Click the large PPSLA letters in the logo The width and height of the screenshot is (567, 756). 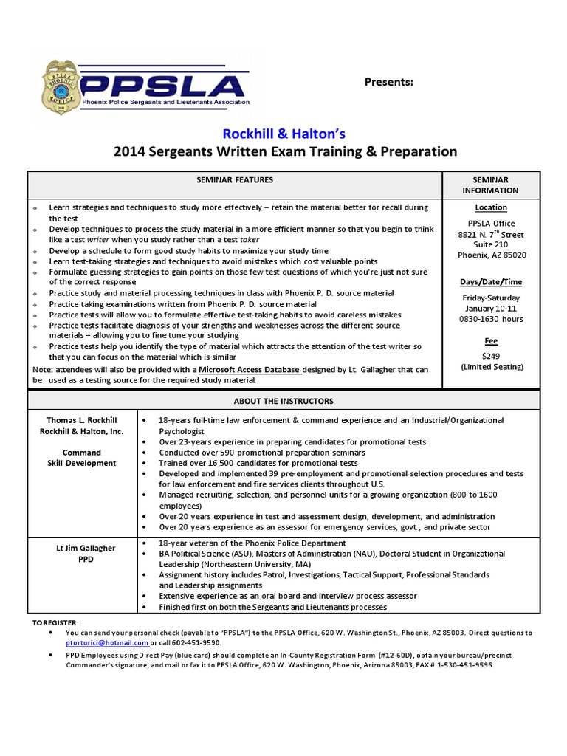click(x=162, y=83)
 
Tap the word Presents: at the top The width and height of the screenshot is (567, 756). click(x=389, y=81)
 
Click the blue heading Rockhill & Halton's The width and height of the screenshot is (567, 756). click(x=284, y=134)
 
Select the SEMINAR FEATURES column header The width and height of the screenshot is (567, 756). click(x=234, y=179)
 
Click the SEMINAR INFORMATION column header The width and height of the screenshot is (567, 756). click(x=490, y=185)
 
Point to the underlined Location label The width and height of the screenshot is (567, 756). click(x=491, y=207)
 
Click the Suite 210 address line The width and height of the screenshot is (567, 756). click(x=491, y=244)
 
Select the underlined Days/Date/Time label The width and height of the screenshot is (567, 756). click(x=491, y=281)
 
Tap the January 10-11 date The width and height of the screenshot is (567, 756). click(x=491, y=308)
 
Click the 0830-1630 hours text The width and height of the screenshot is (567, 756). click(x=491, y=319)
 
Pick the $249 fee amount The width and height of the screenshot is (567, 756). click(x=491, y=355)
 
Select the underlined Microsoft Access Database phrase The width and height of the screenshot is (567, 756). click(x=250, y=369)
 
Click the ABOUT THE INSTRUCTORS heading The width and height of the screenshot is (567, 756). click(x=283, y=401)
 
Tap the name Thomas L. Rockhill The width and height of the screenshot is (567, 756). click(x=82, y=420)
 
